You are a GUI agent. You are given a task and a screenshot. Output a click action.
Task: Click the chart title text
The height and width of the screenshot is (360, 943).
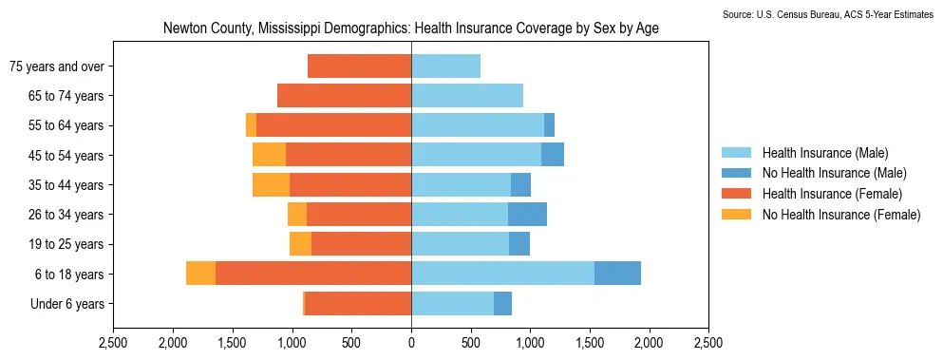tap(411, 28)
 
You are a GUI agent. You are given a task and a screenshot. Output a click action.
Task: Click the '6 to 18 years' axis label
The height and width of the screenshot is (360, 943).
tap(69, 275)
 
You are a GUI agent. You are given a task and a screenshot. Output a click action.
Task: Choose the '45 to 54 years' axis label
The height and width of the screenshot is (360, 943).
tap(66, 156)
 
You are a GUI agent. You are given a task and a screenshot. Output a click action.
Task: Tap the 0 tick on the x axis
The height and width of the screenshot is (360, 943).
tap(411, 343)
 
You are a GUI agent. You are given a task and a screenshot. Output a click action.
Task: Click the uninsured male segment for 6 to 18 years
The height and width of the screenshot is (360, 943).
tap(617, 274)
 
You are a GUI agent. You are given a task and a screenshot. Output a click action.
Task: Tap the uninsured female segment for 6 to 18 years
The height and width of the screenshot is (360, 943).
tap(201, 274)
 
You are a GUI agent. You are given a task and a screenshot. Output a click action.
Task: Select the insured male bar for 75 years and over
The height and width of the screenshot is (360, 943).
tap(445, 66)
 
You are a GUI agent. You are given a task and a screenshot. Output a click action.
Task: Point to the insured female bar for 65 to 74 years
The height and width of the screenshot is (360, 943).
tap(344, 96)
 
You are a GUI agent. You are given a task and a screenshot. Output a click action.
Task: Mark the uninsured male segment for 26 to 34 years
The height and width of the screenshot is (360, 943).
tap(527, 215)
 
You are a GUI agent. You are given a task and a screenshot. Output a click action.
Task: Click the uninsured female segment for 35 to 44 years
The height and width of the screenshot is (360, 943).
tap(272, 185)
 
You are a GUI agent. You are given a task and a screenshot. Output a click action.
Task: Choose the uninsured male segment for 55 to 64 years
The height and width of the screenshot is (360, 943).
tap(549, 125)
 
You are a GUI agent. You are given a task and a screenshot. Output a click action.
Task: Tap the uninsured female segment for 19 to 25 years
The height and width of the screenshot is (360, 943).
tap(301, 244)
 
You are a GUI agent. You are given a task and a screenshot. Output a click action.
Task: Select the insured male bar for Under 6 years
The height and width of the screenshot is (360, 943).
tap(452, 303)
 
